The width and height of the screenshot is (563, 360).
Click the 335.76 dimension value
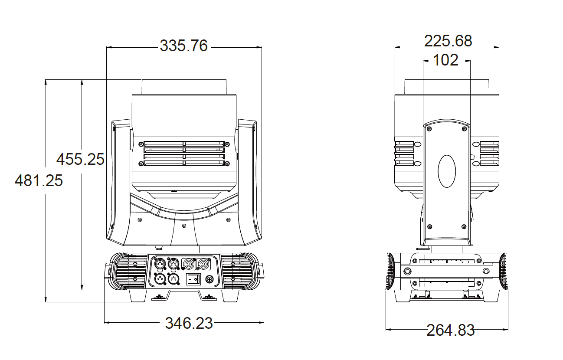[184, 46]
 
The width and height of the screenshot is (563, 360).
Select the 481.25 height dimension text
[39, 180]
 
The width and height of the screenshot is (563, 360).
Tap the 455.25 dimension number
[80, 159]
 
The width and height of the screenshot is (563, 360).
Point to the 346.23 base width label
[189, 323]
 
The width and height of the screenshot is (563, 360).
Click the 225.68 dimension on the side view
[448, 41]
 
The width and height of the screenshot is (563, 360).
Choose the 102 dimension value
[446, 60]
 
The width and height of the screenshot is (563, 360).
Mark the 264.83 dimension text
[450, 330]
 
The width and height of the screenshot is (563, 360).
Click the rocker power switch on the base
[193, 279]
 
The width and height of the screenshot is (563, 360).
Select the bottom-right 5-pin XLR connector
[173, 279]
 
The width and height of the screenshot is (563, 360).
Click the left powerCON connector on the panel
[189, 265]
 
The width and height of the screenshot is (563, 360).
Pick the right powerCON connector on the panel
[203, 265]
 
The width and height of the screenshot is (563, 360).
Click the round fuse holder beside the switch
[209, 279]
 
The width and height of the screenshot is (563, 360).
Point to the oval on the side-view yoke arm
[447, 171]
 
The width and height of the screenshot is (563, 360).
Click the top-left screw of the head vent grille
[141, 144]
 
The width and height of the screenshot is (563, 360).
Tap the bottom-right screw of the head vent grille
[227, 164]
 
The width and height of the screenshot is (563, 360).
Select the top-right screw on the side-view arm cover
[464, 129]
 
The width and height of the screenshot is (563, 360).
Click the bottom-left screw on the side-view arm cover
[429, 227]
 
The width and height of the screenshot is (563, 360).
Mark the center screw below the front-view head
[184, 226]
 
